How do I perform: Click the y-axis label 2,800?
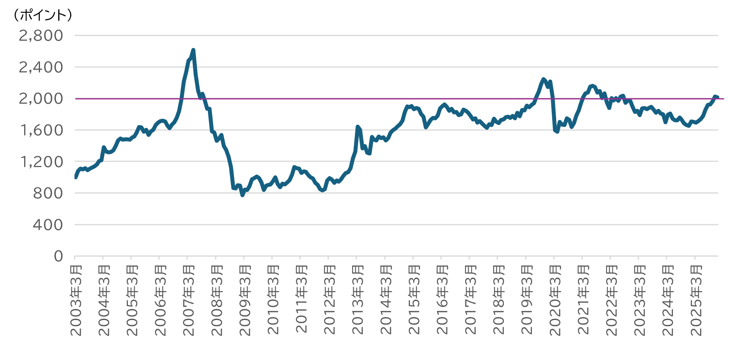tap(41, 36)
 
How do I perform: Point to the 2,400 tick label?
tap(41, 67)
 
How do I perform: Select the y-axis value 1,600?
tap(41, 130)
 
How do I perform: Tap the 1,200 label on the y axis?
tap(41, 162)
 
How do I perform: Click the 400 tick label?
tap(48, 225)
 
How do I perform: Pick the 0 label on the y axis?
tap(58, 256)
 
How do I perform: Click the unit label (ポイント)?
tap(42, 15)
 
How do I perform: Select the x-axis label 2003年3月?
tap(76, 301)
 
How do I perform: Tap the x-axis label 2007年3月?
tap(189, 301)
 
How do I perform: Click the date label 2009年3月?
tap(245, 301)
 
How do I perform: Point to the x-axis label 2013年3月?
tap(358, 301)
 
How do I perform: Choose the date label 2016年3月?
tap(442, 301)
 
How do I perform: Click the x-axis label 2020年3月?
tap(555, 301)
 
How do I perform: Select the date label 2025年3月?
tap(696, 301)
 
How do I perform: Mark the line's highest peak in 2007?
tap(193, 50)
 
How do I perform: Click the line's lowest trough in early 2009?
tap(242, 195)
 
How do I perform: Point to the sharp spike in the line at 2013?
tap(358, 127)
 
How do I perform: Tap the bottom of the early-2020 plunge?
tap(557, 131)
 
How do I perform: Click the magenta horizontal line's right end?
tap(723, 99)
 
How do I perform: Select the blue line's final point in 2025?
tap(717, 97)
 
